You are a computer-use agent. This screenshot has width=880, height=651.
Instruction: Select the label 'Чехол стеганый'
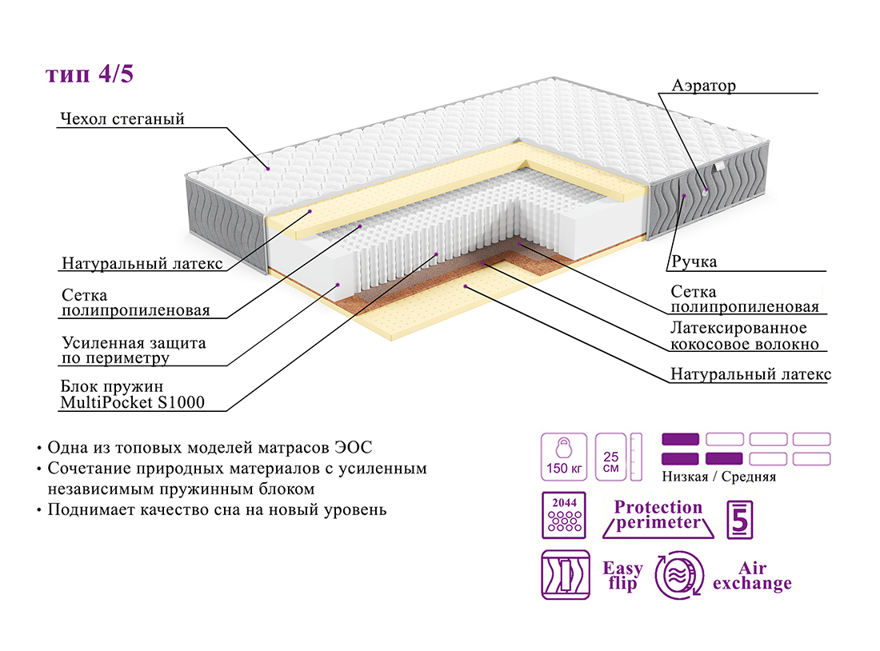click(x=122, y=120)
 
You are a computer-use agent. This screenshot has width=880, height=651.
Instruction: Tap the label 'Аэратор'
click(x=704, y=86)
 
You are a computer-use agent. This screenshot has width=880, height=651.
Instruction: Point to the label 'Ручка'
click(x=694, y=262)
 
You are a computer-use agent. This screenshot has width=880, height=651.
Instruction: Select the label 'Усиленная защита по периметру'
click(x=133, y=350)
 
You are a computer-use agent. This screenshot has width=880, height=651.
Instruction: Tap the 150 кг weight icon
click(x=564, y=457)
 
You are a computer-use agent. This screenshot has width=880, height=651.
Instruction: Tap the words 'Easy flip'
click(x=622, y=576)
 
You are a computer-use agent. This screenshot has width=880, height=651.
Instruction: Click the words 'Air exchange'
click(x=752, y=576)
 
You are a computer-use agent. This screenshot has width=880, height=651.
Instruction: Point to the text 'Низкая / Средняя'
click(x=719, y=477)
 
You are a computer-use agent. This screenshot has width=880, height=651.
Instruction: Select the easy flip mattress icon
click(x=565, y=575)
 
